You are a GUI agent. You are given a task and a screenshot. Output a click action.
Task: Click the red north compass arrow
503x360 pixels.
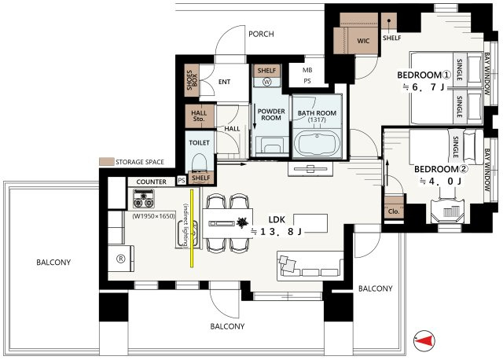pos(424,341)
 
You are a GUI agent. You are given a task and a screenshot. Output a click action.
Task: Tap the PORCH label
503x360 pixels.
pos(261,34)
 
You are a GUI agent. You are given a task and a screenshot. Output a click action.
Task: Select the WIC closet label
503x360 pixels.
pos(363,41)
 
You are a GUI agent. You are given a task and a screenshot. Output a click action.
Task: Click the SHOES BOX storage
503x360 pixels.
pos(192,80)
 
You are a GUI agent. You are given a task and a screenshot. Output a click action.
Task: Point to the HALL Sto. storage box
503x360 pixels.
pos(199,116)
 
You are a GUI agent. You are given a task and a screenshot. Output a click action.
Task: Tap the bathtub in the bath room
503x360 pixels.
pos(317,143)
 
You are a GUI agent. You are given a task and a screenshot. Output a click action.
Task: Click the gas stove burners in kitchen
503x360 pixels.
pos(144,199)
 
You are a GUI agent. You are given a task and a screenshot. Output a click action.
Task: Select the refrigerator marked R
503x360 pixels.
pos(120,259)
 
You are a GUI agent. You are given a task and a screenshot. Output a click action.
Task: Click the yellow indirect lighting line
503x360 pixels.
pos(192,228)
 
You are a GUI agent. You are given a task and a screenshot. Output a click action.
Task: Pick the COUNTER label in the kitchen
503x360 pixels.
pos(152,182)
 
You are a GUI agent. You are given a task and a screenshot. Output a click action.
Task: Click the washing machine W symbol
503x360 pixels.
pos(267,82)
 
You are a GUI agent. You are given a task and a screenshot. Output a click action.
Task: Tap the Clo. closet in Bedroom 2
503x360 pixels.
pos(394,211)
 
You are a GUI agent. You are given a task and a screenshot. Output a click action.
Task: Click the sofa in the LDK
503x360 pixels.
pos(310,266)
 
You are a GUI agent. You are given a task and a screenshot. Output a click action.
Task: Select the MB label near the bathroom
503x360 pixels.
pos(307,70)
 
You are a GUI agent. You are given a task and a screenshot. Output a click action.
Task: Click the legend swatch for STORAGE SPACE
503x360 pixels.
pos(107,162)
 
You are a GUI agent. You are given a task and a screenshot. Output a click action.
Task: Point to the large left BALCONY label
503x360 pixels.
pos(53,262)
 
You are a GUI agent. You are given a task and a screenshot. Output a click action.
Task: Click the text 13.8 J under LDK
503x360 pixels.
pos(277,232)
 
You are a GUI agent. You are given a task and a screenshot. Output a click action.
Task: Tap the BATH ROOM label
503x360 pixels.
pos(317,113)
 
